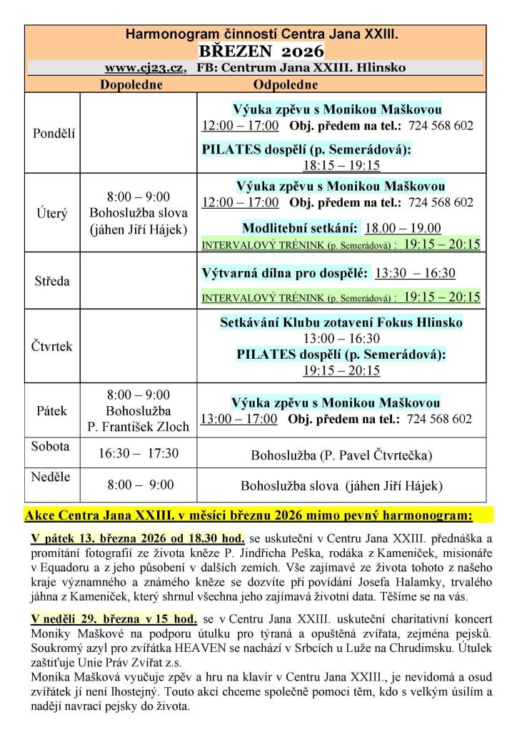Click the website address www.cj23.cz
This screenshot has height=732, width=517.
click(x=145, y=68)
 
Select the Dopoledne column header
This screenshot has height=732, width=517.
click(x=131, y=84)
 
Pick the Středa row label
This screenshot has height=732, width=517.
click(x=52, y=281)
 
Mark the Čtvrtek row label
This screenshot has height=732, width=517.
click(x=52, y=346)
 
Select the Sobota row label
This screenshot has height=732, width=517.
click(x=51, y=447)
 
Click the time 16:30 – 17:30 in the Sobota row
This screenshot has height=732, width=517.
click(x=139, y=453)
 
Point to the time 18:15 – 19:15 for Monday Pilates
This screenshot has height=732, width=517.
click(x=341, y=165)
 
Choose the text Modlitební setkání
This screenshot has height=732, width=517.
click(x=300, y=228)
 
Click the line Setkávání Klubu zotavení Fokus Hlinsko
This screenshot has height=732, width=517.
click(x=341, y=323)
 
